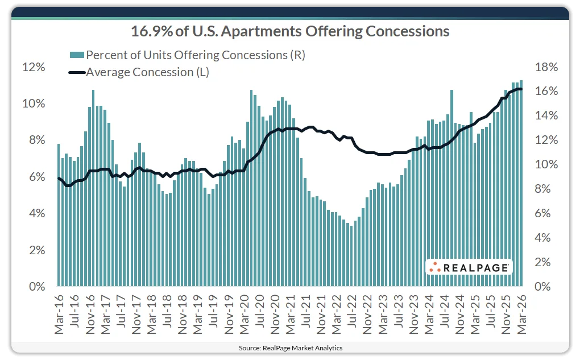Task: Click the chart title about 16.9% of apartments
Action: [290, 31]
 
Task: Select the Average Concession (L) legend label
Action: [148, 72]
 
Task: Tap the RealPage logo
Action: [469, 267]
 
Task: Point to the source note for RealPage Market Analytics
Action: [290, 347]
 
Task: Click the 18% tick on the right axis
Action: [547, 67]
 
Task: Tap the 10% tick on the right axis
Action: [547, 165]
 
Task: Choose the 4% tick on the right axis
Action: [547, 238]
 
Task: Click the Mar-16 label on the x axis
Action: [59, 313]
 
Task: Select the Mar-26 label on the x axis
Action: [521, 313]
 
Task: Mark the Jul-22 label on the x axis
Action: [352, 313]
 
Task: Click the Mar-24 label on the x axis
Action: [429, 313]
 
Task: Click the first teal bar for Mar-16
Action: [59, 216]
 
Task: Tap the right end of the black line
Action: [521, 89]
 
